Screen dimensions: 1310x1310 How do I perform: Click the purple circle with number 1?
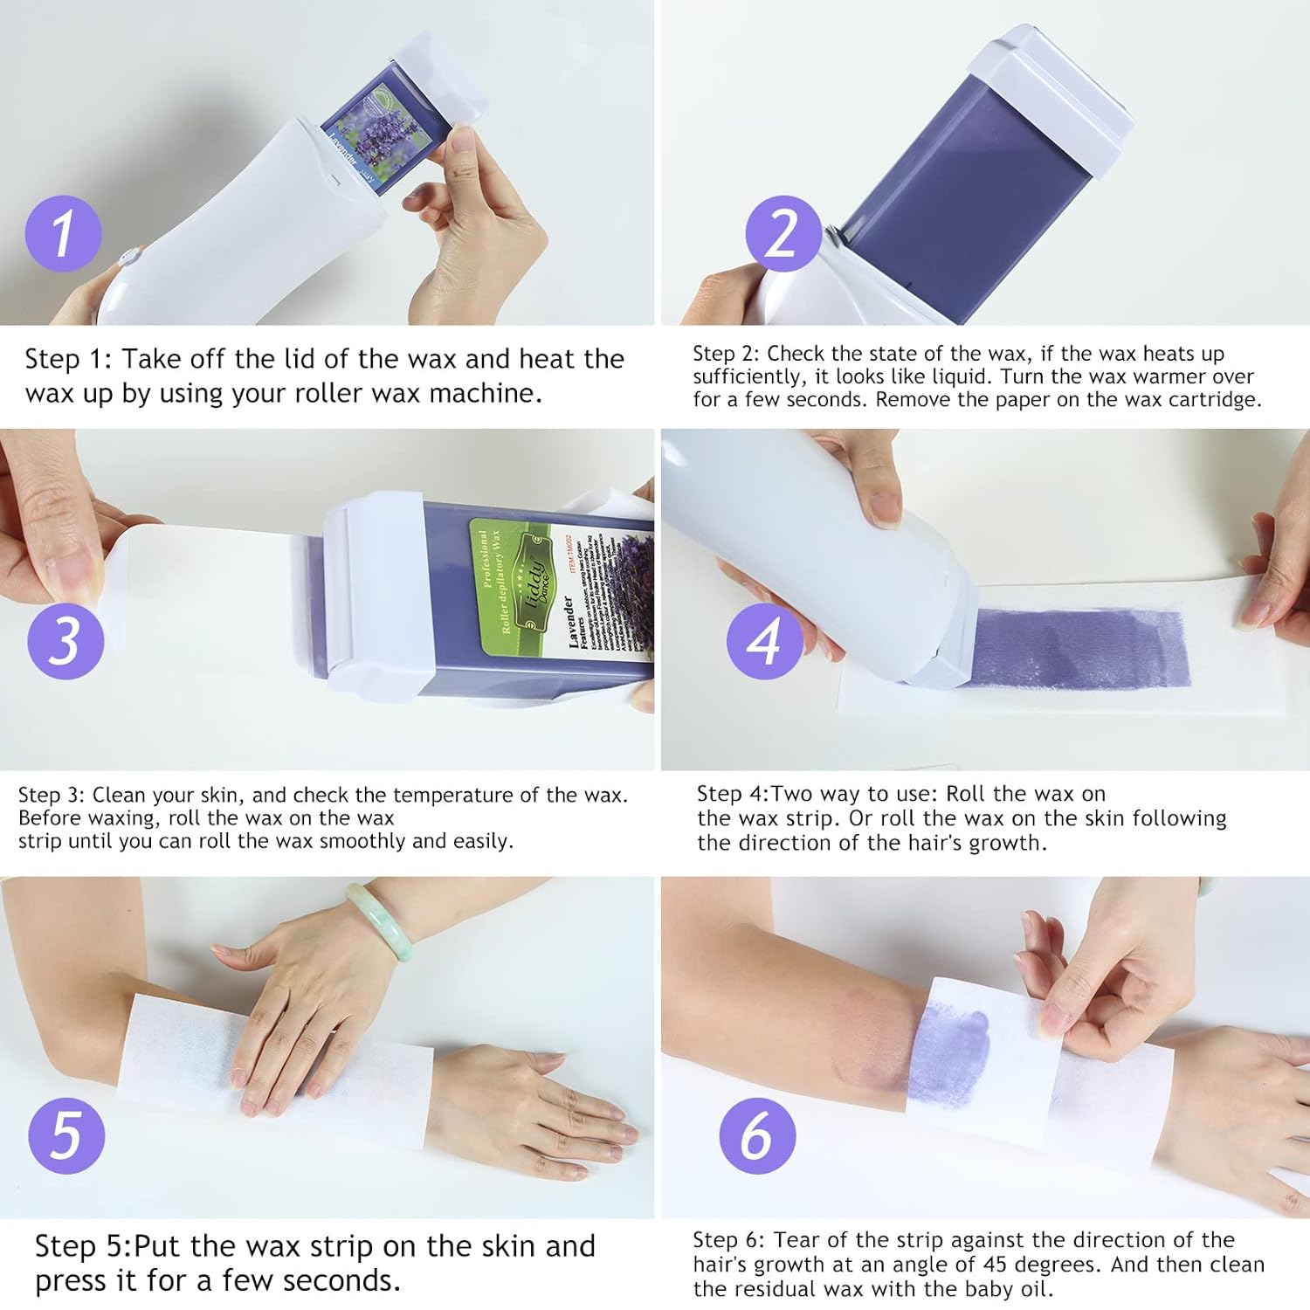[x=63, y=234]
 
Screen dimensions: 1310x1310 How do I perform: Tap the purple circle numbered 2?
[x=783, y=233]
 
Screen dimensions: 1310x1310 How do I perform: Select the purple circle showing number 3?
[x=65, y=641]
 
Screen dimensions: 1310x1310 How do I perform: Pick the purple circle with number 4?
[x=765, y=641]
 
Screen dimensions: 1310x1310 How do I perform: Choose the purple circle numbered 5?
[x=66, y=1135]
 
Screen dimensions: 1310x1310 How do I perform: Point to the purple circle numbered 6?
[x=757, y=1135]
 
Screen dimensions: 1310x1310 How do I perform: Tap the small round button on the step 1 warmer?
[x=128, y=258]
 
